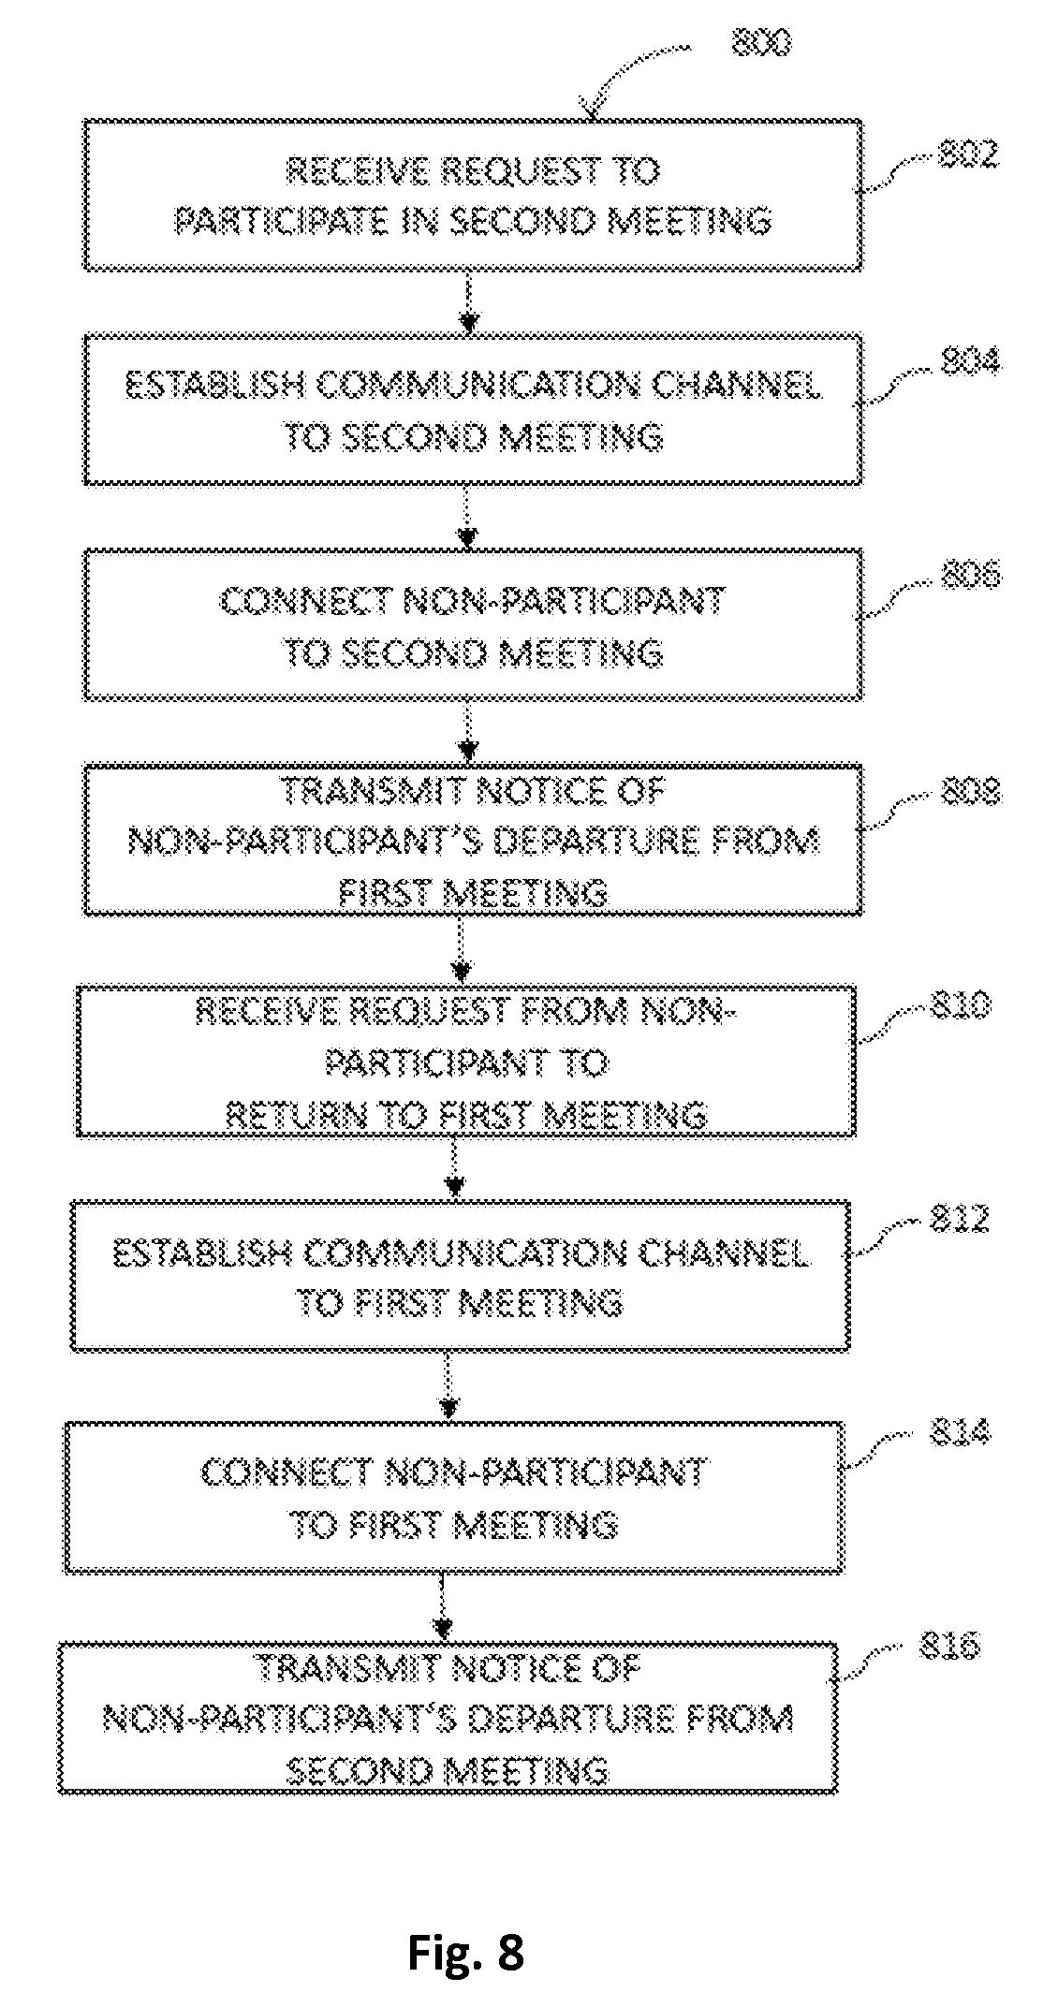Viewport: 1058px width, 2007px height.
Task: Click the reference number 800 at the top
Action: coord(759,42)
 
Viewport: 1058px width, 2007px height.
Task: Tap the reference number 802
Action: coord(968,154)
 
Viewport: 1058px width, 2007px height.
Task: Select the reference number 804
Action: coord(969,361)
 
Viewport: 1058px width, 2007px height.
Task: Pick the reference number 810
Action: coord(960,1005)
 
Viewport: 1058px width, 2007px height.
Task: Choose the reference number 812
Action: coord(959,1219)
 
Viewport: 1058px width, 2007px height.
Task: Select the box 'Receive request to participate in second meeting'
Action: coord(473,195)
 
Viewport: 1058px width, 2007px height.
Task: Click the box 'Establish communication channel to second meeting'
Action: coord(473,410)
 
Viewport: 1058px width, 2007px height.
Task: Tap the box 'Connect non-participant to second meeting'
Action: coord(473,624)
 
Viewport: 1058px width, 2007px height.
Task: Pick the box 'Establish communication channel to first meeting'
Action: coord(461,1275)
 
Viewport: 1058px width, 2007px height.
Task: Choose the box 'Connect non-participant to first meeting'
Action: coord(455,1496)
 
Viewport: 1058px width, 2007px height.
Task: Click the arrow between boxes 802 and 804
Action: coord(469,303)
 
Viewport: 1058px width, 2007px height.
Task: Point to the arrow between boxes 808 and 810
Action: coord(461,950)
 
